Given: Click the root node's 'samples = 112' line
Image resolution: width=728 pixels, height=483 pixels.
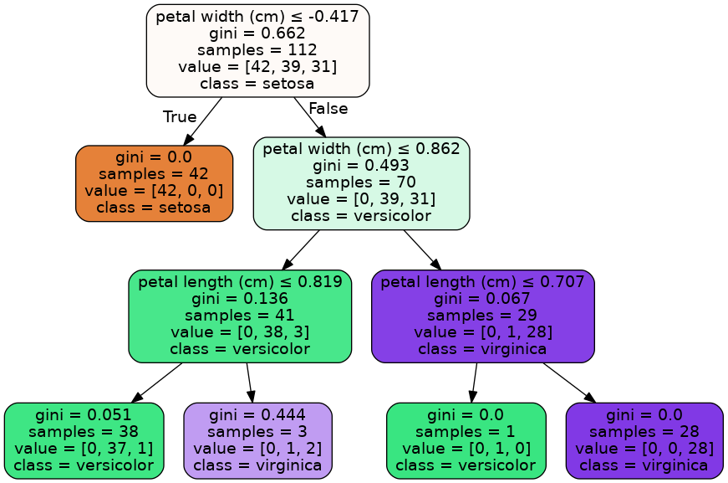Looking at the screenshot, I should [257, 49].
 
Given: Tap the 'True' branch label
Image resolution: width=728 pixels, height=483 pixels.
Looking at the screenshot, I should [180, 116].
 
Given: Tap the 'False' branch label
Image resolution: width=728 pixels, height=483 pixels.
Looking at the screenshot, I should [328, 108].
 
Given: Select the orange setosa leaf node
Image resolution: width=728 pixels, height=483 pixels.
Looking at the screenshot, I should [154, 182].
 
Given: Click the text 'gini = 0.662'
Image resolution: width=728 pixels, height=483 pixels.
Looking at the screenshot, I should [257, 33].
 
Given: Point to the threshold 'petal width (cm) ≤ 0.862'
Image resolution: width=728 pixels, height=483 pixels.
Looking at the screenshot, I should [361, 149].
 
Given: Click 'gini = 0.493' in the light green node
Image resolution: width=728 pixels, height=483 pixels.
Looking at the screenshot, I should [361, 166].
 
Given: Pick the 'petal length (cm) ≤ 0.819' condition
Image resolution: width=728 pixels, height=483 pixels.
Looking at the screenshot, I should [240, 282].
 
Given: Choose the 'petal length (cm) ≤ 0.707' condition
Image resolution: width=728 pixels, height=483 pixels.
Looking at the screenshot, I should [482, 282].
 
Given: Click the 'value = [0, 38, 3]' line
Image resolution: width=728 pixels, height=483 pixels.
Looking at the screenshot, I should [240, 331].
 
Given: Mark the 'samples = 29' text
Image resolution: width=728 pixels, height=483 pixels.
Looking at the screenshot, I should [482, 315].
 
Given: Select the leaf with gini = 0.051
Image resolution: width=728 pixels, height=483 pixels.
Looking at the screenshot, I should [84, 440].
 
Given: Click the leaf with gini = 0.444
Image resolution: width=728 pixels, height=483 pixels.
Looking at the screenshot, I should [257, 440].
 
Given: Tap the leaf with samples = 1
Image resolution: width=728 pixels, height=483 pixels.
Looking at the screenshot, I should [466, 440].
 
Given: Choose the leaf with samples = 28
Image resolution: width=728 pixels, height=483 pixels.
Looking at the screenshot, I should [644, 440].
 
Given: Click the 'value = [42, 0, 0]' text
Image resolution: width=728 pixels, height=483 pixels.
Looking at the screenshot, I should [154, 190].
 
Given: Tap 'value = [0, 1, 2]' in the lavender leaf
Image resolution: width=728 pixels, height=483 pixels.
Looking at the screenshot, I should [257, 448].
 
